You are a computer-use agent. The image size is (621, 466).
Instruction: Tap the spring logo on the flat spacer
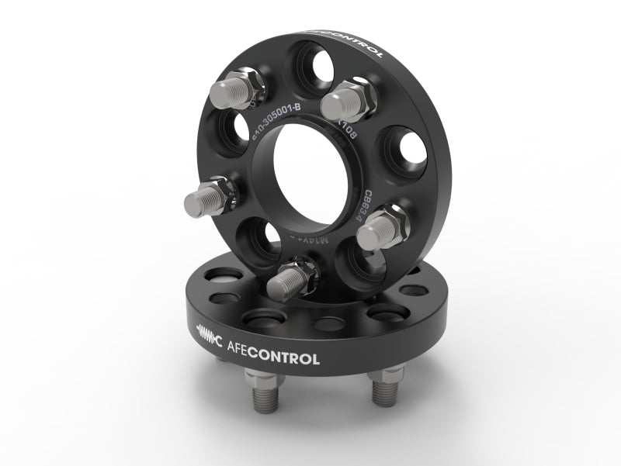click(210, 337)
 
